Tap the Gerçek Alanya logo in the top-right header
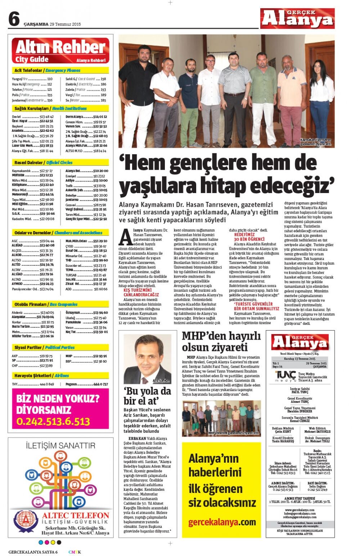point(297,19)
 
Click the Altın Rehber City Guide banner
point(60,51)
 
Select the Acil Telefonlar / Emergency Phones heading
point(47,71)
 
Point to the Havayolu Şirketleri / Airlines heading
point(41,376)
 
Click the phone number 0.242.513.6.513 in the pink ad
point(53,421)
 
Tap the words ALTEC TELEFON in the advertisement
point(75,516)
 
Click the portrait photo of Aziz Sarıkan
point(147,359)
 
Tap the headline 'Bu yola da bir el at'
point(147,396)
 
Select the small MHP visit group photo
point(221,418)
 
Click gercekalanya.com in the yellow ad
point(222,522)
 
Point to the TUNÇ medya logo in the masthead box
point(285,376)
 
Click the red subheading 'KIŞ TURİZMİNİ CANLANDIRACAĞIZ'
point(141,292)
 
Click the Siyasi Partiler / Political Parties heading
point(44,347)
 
